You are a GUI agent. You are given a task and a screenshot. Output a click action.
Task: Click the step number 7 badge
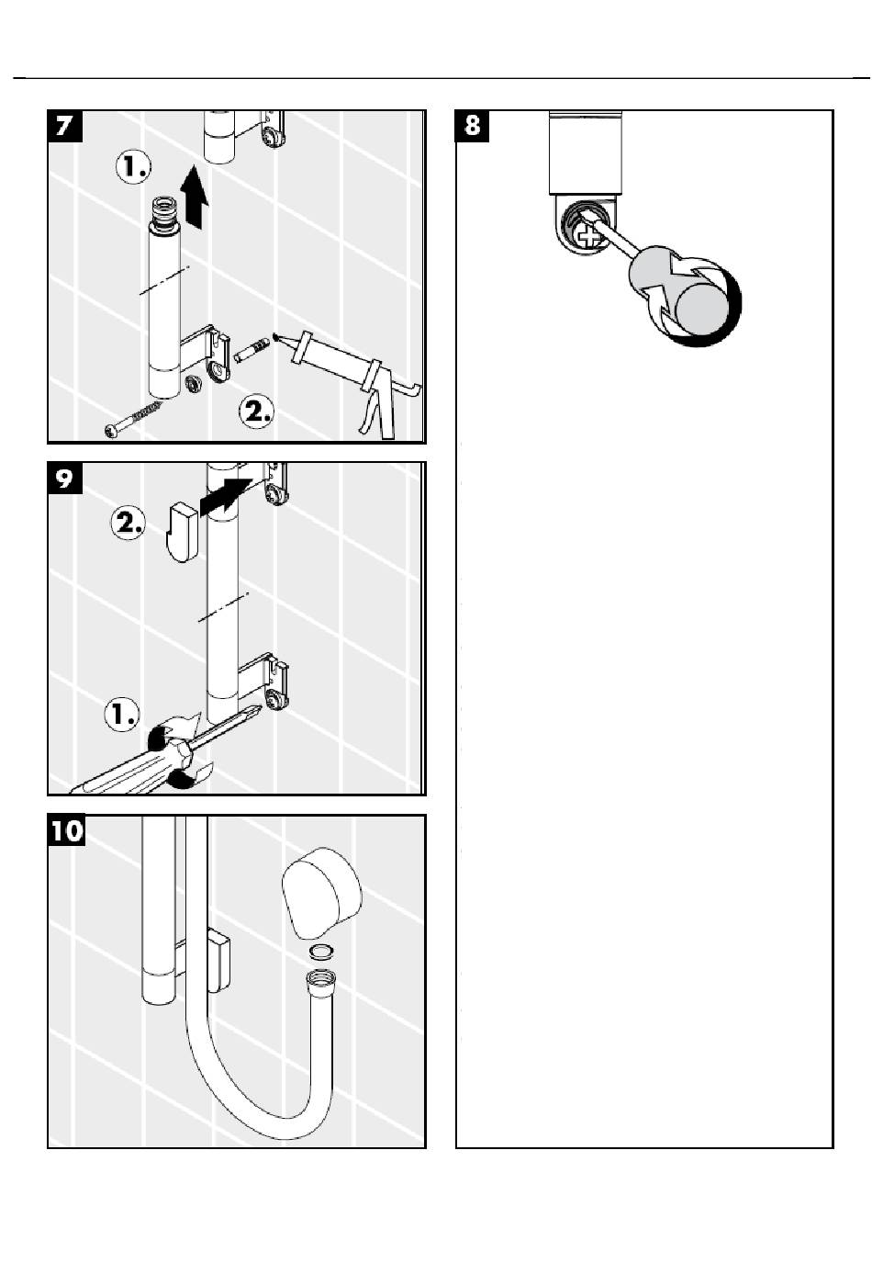pyautogui.click(x=65, y=126)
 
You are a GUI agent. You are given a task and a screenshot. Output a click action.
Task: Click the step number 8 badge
pyautogui.click(x=473, y=126)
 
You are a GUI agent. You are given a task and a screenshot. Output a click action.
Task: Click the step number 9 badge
pyautogui.click(x=65, y=479)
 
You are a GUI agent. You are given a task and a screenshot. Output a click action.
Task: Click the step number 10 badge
pyautogui.click(x=66, y=831)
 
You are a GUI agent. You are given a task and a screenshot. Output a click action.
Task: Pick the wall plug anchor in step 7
pyautogui.click(x=251, y=352)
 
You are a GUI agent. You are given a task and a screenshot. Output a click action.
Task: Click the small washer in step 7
pyautogui.click(x=193, y=382)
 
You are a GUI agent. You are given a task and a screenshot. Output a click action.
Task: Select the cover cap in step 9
pyautogui.click(x=183, y=529)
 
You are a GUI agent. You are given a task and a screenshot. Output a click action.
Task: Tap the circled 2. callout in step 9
pyautogui.click(x=129, y=524)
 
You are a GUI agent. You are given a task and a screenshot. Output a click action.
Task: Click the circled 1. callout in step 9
pyautogui.click(x=122, y=713)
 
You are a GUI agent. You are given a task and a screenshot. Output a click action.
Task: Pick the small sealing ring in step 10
pyautogui.click(x=321, y=951)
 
